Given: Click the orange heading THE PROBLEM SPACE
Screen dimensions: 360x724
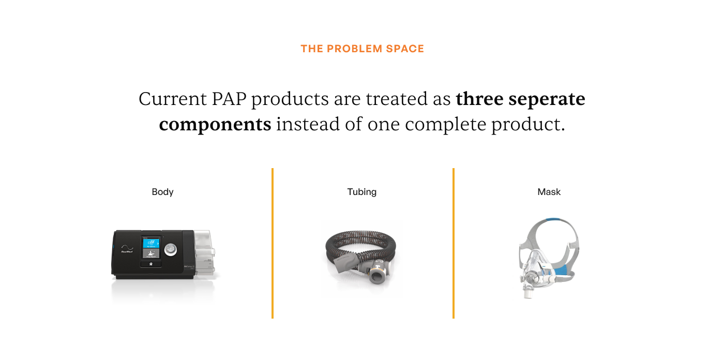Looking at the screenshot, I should click(x=362, y=49).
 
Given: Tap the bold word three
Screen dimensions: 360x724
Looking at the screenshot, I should click(x=479, y=99).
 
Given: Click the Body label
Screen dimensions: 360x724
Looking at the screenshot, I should click(x=162, y=192).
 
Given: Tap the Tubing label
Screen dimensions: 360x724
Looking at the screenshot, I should click(x=362, y=192).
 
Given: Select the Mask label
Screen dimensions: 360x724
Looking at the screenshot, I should click(x=549, y=192).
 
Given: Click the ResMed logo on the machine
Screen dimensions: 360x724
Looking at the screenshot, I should click(x=126, y=252).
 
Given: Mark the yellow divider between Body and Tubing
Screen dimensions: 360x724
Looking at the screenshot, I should click(x=272, y=243).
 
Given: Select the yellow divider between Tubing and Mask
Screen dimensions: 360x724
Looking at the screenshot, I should click(x=453, y=243).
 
